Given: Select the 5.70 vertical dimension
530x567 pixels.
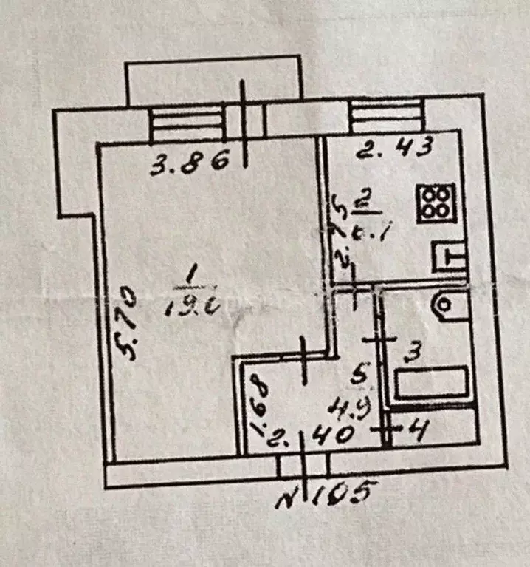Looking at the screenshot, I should (128, 325).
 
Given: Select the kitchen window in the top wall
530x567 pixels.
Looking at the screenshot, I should (385, 115).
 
